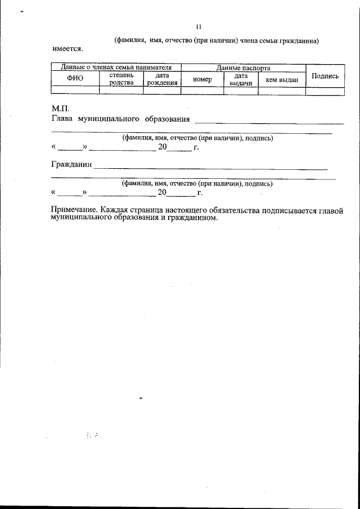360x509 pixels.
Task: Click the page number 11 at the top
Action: click(x=198, y=26)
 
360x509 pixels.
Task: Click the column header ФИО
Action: click(x=75, y=79)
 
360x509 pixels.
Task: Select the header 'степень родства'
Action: click(x=121, y=79)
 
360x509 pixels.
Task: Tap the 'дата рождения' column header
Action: click(x=162, y=79)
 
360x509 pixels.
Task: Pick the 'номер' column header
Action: click(x=201, y=79)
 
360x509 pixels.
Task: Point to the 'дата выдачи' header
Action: click(x=241, y=79)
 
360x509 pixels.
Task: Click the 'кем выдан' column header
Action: click(x=281, y=80)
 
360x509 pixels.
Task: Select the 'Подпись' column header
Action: click(x=325, y=76)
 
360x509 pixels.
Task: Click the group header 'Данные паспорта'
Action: click(x=243, y=67)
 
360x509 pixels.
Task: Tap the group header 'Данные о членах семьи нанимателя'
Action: click(x=115, y=67)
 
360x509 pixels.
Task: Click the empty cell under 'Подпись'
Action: click(x=325, y=90)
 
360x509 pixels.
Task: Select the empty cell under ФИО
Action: click(x=75, y=90)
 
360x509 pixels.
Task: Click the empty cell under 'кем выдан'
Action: click(x=281, y=90)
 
